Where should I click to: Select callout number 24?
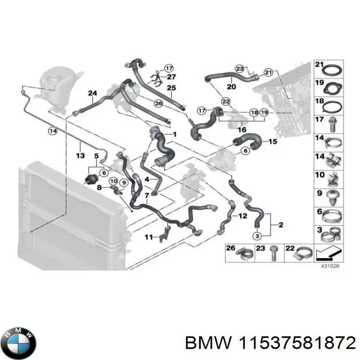click(x=92, y=94)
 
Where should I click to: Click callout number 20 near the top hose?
click(x=231, y=87)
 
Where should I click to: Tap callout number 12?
click(x=243, y=216)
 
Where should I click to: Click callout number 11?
click(x=148, y=237)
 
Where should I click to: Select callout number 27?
click(x=171, y=77)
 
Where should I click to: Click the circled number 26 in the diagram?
click(x=158, y=103)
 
